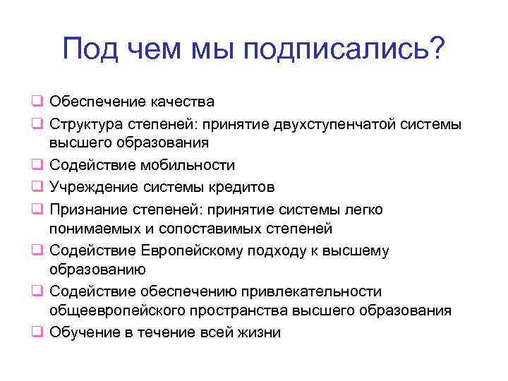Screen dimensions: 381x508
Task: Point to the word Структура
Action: [87, 124]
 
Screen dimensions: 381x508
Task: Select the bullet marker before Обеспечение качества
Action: [37, 103]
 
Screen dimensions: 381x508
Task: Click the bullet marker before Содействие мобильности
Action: [37, 166]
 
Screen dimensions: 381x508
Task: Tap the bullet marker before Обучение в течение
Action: [37, 333]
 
